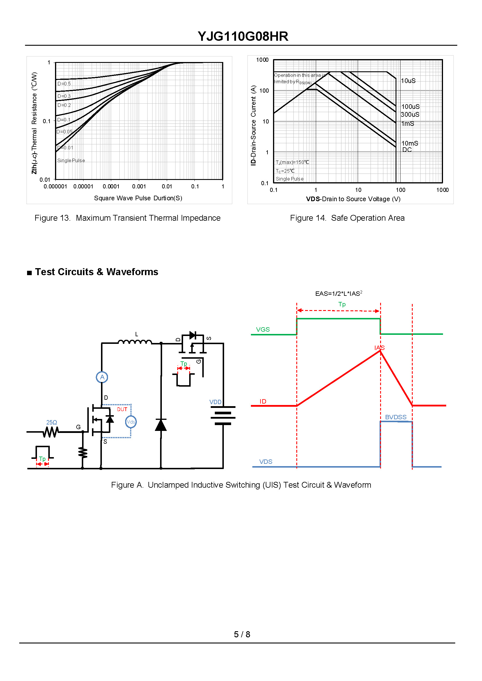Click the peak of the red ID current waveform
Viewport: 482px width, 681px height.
coord(380,351)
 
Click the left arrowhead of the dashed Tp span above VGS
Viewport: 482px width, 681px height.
coord(299,311)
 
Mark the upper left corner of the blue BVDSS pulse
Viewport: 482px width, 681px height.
coord(381,421)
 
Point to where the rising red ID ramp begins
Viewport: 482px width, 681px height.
coord(297,406)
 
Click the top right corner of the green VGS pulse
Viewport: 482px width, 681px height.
coord(380,319)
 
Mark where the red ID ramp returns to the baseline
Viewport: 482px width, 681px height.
coord(412,405)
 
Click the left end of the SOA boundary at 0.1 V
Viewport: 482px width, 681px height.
coord(274,113)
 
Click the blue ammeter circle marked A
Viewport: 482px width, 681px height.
coord(102,377)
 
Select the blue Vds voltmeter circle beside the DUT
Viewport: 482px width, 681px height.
coord(131,422)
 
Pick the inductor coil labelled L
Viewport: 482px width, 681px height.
coord(135,342)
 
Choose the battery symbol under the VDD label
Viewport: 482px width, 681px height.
coord(223,415)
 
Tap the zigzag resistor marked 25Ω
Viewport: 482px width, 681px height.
coord(51,432)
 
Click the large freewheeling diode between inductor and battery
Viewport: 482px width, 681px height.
coord(161,425)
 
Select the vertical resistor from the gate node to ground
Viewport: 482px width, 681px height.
coord(83,453)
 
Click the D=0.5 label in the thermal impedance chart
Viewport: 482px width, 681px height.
coord(64,84)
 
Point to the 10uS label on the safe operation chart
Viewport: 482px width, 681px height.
coord(408,81)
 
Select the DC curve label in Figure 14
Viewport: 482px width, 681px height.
coord(407,150)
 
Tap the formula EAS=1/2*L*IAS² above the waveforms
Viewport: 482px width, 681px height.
coord(339,293)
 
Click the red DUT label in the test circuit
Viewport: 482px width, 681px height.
coord(122,409)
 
